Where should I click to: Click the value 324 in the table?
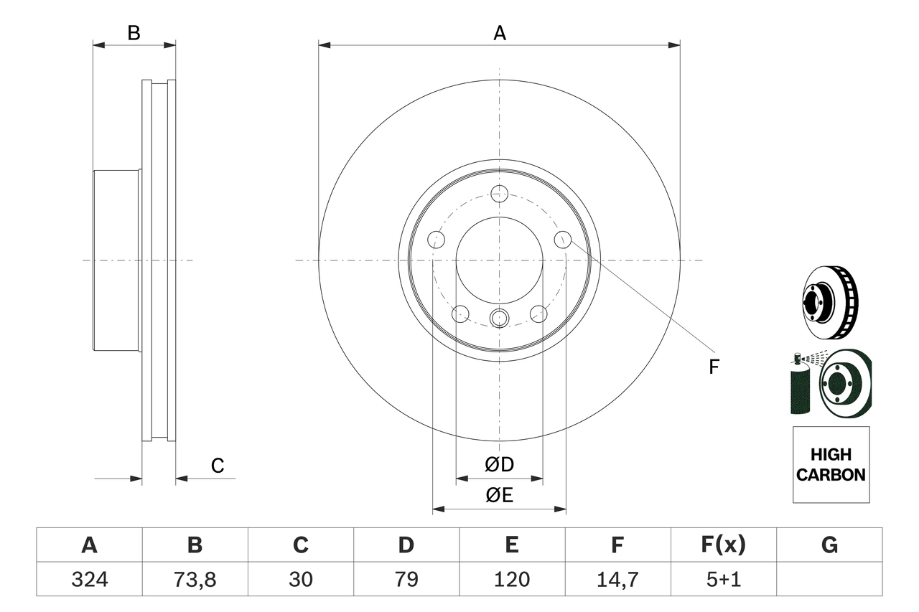(x=89, y=579)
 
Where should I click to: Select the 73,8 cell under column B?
(x=195, y=579)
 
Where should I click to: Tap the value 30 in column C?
(x=300, y=579)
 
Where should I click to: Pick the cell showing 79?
(x=406, y=579)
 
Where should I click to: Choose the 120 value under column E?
(x=511, y=579)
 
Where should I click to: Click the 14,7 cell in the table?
(x=617, y=579)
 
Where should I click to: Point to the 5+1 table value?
(x=723, y=579)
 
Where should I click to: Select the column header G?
(x=829, y=545)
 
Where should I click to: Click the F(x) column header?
(x=723, y=545)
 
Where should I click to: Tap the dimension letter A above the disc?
(x=500, y=33)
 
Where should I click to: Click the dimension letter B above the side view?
(x=134, y=33)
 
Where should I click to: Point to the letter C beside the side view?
(x=218, y=466)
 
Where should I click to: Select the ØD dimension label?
(x=500, y=465)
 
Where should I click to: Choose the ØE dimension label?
(x=500, y=496)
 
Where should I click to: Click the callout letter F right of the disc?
(x=713, y=367)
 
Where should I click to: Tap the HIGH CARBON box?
(x=831, y=465)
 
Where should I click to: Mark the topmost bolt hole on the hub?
(x=499, y=193)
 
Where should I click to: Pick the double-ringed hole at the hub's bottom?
(x=499, y=318)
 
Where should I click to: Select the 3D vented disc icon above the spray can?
(x=830, y=303)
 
